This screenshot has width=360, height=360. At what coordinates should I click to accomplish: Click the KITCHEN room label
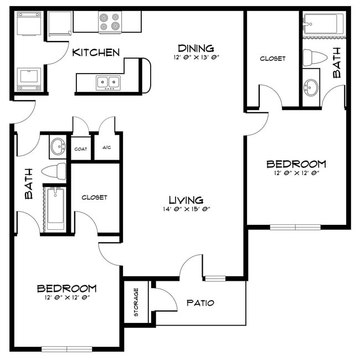tap(96, 53)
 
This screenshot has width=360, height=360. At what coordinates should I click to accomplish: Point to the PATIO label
tap(200, 303)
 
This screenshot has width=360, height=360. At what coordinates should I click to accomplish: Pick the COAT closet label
tap(81, 149)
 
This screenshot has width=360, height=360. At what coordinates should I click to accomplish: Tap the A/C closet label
tap(106, 148)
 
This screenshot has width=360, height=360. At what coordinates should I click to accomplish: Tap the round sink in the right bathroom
tap(312, 87)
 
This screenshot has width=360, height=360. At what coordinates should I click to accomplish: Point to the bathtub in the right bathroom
tap(323, 24)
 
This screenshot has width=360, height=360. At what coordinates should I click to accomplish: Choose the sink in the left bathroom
tap(56, 147)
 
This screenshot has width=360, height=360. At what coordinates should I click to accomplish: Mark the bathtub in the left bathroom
tap(55, 209)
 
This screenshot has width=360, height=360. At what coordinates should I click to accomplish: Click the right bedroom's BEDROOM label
tap(296, 164)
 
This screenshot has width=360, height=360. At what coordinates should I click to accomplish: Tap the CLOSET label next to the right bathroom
tap(272, 58)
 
